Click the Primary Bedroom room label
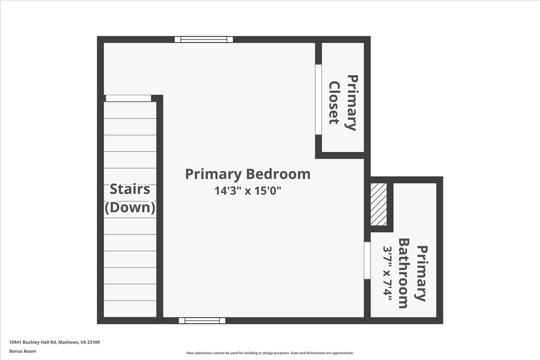click(248, 174)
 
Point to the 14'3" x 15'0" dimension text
click(248, 190)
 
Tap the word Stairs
click(130, 189)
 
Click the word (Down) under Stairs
click(130, 208)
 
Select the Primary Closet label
click(343, 103)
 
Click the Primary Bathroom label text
click(412, 273)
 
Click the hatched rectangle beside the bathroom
click(379, 204)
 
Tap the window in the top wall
click(204, 39)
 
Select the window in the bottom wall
click(202, 321)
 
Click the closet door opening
click(319, 99)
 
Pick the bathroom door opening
click(367, 260)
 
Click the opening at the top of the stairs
click(128, 98)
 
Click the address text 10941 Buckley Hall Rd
click(33, 342)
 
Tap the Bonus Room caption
click(22, 351)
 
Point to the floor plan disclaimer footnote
click(270, 353)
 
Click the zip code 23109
click(93, 342)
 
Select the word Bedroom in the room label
click(279, 174)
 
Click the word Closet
click(334, 102)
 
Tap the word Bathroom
click(404, 273)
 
